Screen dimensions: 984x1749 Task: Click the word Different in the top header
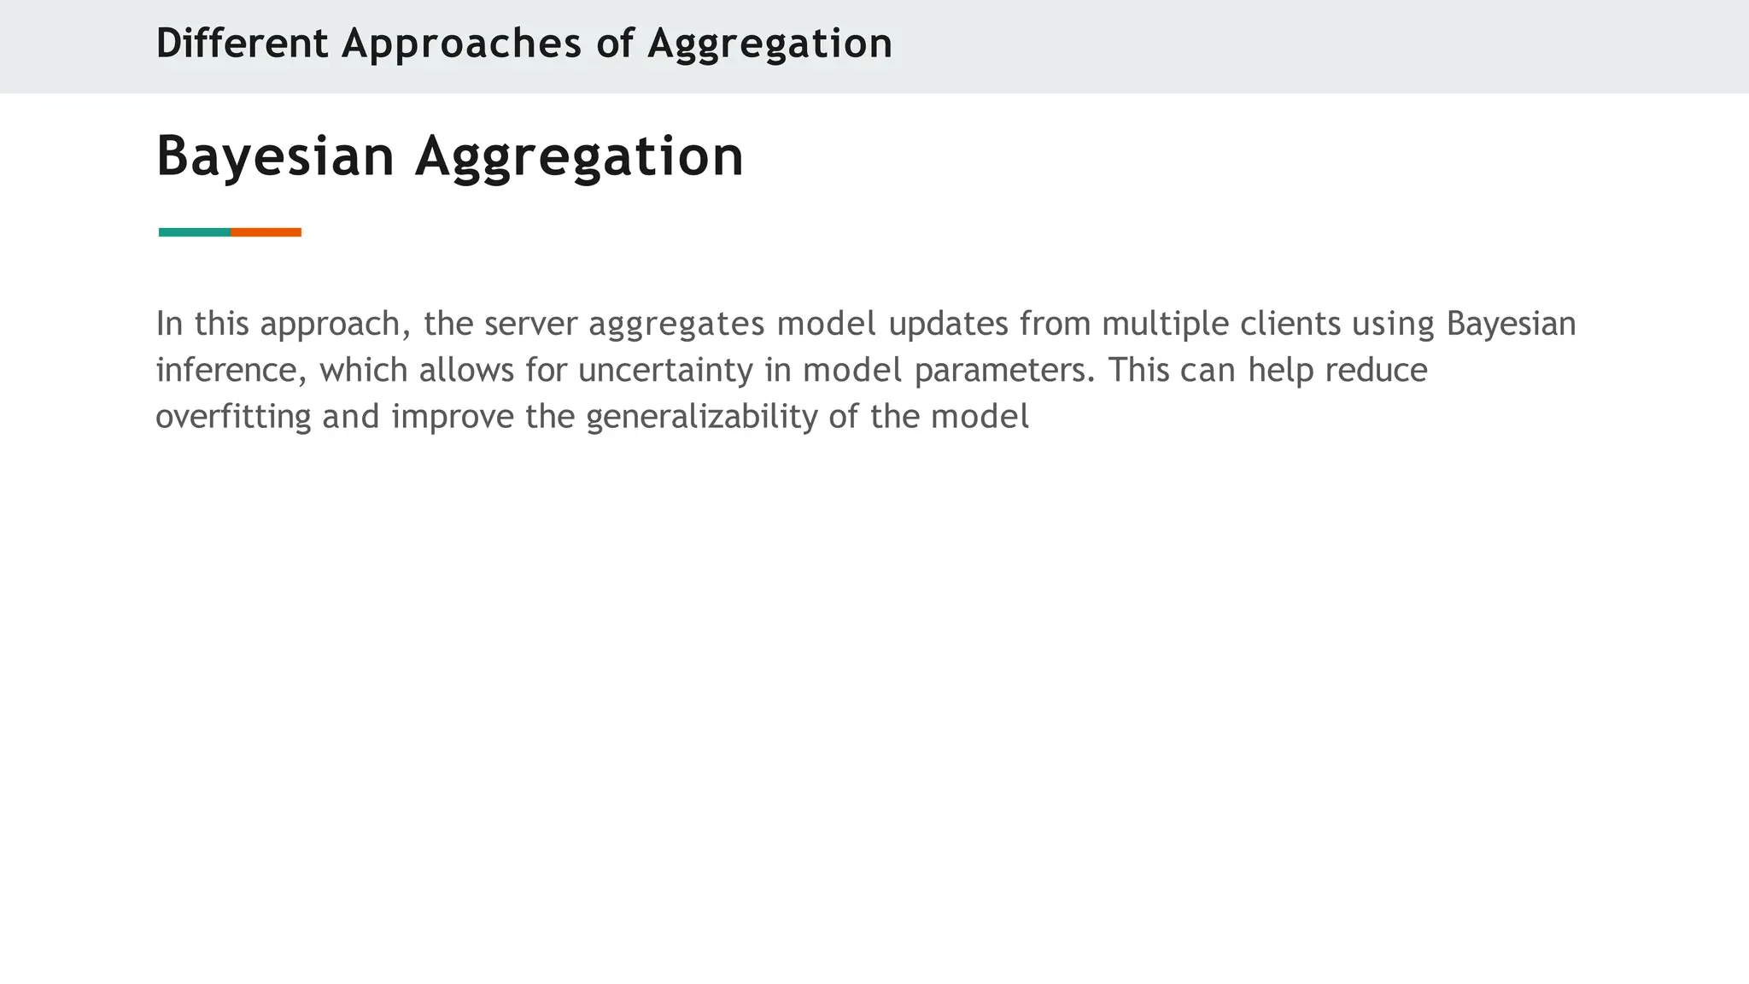[242, 44]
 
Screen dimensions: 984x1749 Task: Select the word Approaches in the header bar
[461, 44]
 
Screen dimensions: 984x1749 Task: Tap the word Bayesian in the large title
[275, 156]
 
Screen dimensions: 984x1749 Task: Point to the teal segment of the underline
[194, 232]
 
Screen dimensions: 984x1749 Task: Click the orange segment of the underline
[266, 232]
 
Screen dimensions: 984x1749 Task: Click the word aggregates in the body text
[676, 324]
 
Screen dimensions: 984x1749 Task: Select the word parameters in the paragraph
[1004, 371]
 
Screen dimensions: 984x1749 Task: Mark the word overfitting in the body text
[233, 417]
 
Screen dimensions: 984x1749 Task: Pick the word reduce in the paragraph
[1377, 371]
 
